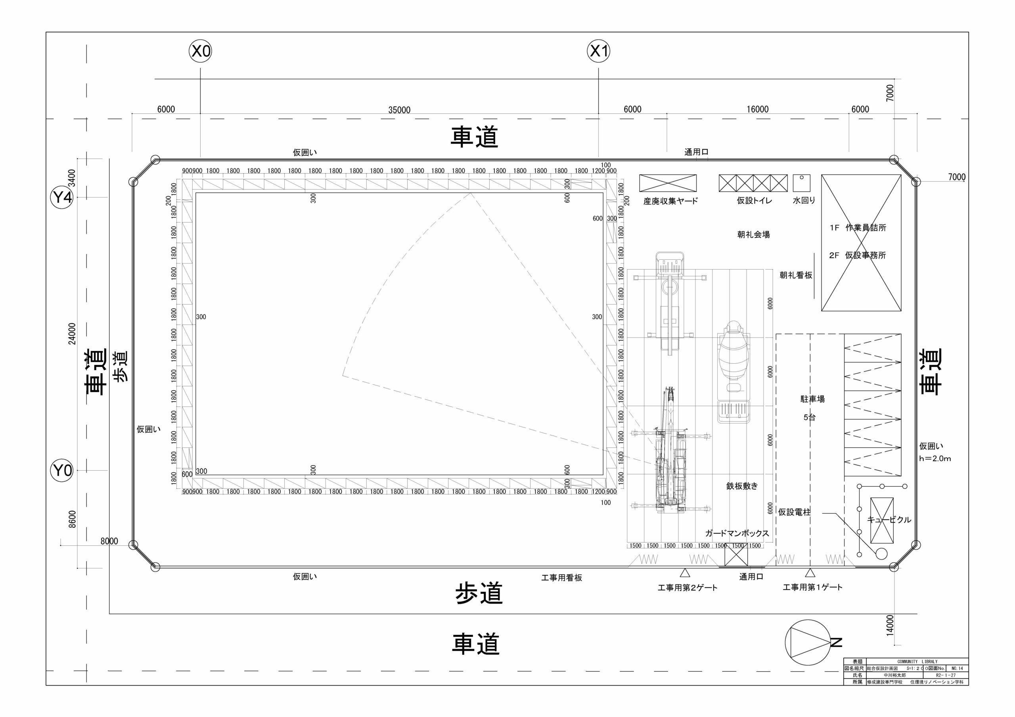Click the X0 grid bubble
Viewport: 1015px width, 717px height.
200,52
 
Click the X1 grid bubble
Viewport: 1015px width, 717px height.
599,52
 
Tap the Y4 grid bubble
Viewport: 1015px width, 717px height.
62,197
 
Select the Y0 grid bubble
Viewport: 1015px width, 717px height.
62,470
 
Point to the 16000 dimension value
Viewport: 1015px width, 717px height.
757,109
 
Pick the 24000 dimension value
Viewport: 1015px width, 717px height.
72,334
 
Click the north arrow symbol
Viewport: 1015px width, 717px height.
807,643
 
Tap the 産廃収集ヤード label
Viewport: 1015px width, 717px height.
670,201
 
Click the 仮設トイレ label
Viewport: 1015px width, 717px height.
754,201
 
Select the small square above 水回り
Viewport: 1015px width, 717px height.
801,182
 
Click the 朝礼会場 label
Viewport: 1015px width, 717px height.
753,235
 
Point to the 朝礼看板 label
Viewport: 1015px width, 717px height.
796,275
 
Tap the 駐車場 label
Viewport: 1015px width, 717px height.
812,399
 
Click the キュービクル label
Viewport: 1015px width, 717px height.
889,520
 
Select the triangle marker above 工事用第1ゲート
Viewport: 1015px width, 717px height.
810,573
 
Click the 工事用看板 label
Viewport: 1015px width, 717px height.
561,578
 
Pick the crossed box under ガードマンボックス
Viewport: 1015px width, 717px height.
736,555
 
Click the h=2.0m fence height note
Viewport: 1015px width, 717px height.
935,458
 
